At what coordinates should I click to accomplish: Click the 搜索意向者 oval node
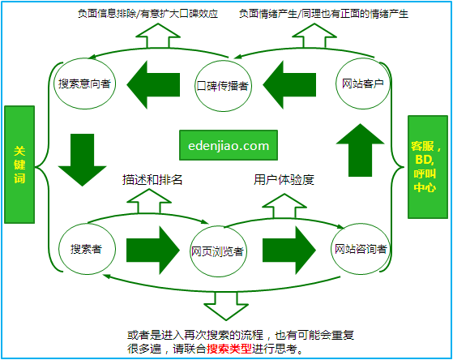coord(83,84)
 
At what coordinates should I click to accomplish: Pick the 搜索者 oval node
coord(86,248)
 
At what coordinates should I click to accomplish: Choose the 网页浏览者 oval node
coord(218,251)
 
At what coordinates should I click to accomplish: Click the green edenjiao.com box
coord(228,146)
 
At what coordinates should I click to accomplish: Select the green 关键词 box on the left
coord(20,164)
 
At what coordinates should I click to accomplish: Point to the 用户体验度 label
coord(284,180)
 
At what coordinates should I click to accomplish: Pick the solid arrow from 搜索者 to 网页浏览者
coord(152,249)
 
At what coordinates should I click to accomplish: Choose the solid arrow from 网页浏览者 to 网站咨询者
coord(290,249)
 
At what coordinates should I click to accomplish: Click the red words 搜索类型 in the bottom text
coord(229,349)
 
